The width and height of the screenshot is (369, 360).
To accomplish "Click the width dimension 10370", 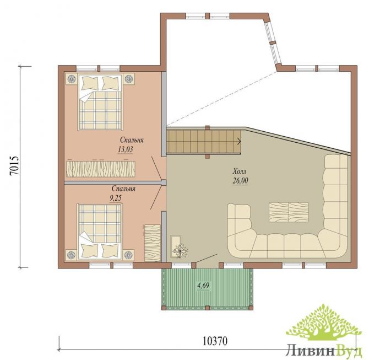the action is coord(215,341).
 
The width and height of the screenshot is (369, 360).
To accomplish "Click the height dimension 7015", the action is coord(14,165).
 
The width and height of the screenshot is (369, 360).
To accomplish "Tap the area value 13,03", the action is coord(126,149).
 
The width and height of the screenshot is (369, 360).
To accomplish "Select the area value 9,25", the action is coord(116,198).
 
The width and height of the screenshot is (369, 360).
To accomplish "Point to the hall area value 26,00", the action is coord(240,181).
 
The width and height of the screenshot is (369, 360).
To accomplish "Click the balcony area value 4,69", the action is coord(203,286).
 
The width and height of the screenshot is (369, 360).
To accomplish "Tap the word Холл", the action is coord(240,171).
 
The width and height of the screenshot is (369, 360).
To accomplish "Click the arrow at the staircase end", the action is coord(239,141).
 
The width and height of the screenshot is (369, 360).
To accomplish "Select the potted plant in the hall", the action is coord(180,251).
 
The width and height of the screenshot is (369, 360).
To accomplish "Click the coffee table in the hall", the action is coord(289,212).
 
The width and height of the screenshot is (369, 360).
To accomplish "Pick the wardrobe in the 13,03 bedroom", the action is coord(101,169).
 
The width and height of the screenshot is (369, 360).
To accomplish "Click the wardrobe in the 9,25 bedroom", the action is coord(153,243).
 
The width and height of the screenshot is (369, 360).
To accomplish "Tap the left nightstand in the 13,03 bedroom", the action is coord(71,79).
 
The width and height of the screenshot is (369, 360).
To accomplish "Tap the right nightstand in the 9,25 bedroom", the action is coord(128,255).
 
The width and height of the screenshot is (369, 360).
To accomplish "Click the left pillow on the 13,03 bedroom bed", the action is coord(89,83).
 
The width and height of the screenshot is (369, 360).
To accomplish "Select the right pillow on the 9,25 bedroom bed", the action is coord(110,250).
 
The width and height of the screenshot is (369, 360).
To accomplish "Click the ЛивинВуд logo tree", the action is coord(324,323).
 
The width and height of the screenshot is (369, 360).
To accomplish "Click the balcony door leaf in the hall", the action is coord(207,258).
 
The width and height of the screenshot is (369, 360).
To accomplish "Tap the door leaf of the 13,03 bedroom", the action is coord(156,168).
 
